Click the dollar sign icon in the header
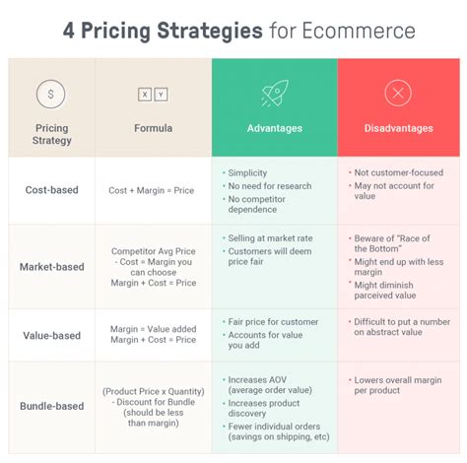click(x=51, y=95)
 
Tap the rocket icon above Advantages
click(x=274, y=95)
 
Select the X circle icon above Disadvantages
click(x=398, y=95)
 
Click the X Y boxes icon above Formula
click(x=153, y=95)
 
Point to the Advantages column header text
click(x=274, y=128)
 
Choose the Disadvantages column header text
click(x=398, y=128)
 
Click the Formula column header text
click(x=153, y=128)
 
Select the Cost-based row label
click(x=52, y=189)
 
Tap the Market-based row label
click(x=52, y=266)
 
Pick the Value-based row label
click(x=52, y=335)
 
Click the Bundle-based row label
click(x=52, y=405)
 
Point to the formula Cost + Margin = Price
click(x=153, y=190)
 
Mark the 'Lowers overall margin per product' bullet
click(x=398, y=385)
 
